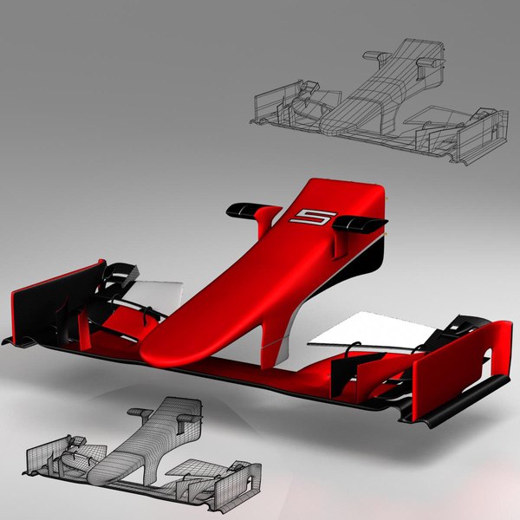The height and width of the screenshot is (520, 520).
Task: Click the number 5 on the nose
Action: click(309, 218)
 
